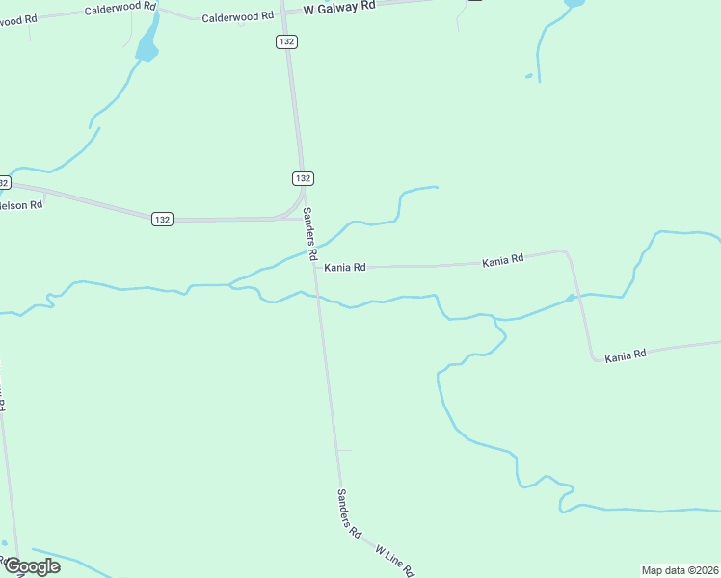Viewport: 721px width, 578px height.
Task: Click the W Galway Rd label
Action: (x=338, y=7)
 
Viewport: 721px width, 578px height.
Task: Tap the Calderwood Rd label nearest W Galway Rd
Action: (x=238, y=17)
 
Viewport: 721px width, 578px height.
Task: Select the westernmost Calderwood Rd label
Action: (x=120, y=8)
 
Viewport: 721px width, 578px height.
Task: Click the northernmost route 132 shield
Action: (x=285, y=41)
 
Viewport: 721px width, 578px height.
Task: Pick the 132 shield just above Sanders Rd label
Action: (x=303, y=179)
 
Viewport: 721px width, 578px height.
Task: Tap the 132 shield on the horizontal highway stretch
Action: (x=161, y=220)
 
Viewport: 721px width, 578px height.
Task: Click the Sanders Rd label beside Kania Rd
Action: (x=310, y=235)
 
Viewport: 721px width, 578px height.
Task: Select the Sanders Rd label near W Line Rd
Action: (x=348, y=512)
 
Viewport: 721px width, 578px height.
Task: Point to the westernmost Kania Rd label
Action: (x=345, y=267)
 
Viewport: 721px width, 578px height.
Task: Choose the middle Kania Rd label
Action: (x=503, y=259)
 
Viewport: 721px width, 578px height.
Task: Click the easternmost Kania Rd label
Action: (x=626, y=356)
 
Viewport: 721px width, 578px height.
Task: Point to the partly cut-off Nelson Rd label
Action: (x=21, y=205)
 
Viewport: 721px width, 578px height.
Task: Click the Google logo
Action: (x=31, y=566)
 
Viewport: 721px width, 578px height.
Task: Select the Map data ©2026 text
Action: (x=680, y=570)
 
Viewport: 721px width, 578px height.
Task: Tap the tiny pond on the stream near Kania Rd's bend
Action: (x=572, y=298)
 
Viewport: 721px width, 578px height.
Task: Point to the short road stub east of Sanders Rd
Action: (x=344, y=450)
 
